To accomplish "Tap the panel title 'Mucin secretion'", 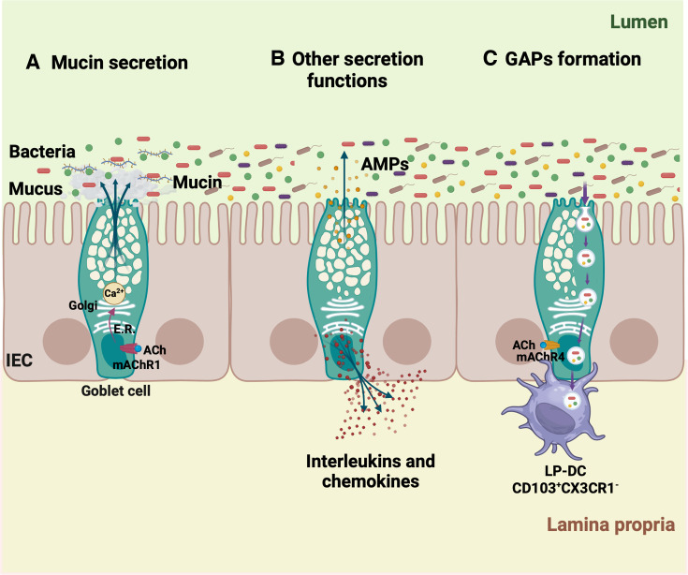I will [120, 64].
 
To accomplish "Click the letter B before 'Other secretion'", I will [277, 59].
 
